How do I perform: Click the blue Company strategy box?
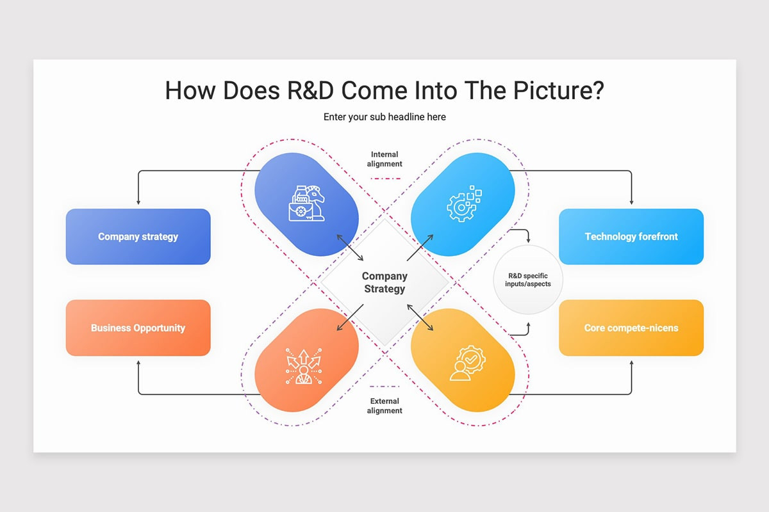tap(138, 236)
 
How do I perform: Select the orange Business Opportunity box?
tap(138, 328)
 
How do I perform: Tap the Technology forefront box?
tap(631, 236)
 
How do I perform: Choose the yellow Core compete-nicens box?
tap(631, 328)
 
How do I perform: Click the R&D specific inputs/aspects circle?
tap(528, 280)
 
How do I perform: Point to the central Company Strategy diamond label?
tap(384, 282)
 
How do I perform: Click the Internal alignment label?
tap(384, 159)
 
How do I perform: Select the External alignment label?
tap(384, 406)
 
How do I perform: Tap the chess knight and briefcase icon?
tap(306, 204)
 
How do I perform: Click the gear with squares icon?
tap(464, 204)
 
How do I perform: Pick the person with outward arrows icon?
tap(304, 366)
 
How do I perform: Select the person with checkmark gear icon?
tap(468, 363)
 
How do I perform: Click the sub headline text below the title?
tap(384, 117)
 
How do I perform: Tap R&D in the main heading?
tap(310, 90)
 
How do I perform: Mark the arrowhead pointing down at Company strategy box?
tap(138, 202)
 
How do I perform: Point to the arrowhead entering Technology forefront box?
tap(631, 202)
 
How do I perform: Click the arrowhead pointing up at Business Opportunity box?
tap(138, 363)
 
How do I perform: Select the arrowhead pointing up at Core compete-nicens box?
tap(631, 363)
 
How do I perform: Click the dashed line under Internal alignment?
tap(386, 179)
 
